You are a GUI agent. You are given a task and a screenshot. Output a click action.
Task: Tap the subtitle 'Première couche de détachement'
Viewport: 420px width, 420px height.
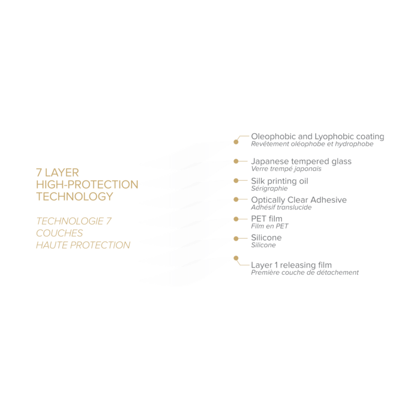click(305, 272)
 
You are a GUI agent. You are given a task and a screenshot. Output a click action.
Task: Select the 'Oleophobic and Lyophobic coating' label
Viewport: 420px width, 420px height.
click(318, 136)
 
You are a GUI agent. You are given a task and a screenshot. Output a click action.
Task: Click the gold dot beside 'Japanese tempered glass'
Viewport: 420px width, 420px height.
click(236, 161)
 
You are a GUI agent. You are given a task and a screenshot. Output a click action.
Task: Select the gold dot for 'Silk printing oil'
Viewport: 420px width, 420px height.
click(236, 180)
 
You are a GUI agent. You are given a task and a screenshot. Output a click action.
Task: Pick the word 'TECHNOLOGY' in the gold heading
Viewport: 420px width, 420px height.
click(74, 196)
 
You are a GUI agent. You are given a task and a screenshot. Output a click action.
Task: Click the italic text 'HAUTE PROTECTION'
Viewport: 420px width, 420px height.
click(83, 245)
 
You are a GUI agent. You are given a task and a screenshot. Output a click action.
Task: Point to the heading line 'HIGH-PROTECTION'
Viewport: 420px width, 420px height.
click(87, 184)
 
